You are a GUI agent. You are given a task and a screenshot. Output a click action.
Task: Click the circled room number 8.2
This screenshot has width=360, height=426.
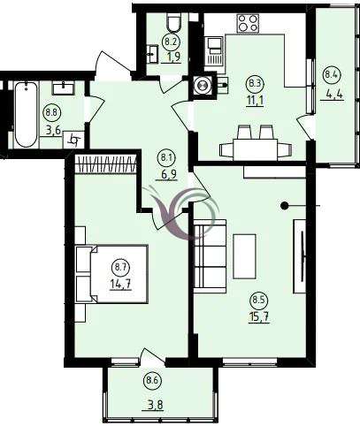171,42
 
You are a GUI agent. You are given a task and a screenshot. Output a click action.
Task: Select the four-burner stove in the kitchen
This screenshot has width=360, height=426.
248,23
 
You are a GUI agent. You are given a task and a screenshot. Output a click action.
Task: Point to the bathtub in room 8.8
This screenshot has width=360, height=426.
26,114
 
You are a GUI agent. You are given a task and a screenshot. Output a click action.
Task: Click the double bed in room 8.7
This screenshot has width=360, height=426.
112,274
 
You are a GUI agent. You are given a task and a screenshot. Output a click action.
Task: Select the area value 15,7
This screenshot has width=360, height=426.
259,317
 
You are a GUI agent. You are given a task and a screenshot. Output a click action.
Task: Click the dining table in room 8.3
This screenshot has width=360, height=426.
255,149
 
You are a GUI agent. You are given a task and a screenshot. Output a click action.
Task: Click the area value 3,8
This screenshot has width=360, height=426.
155,405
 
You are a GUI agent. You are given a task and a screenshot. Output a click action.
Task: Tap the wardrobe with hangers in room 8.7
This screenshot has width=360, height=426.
105,164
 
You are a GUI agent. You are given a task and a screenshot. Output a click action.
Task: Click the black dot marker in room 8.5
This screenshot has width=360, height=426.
284,206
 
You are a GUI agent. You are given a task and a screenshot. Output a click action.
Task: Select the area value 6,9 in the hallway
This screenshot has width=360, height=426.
169,174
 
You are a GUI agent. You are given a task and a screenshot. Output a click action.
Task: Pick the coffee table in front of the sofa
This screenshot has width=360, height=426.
244,256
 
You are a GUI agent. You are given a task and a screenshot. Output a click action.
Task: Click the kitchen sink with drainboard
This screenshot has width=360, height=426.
215,51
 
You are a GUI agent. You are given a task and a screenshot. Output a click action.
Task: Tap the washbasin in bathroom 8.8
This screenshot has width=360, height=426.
64,87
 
